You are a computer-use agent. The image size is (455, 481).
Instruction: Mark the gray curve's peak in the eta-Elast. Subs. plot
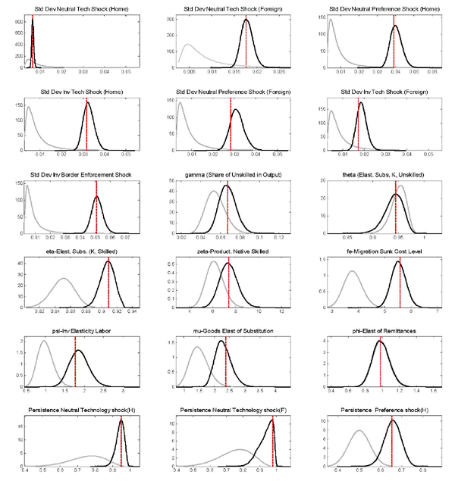pos(64,280)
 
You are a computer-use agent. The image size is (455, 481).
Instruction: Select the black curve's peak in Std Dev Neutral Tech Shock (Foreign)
pos(246,20)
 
